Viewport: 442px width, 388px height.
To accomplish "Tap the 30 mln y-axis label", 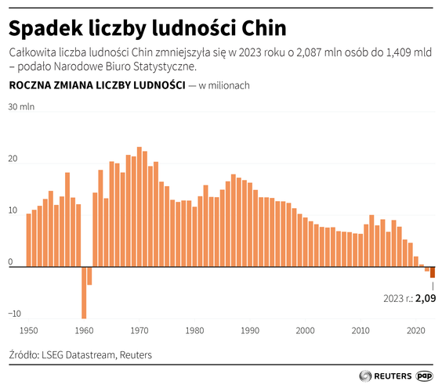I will [21, 107].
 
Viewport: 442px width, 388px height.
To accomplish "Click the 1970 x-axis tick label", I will [140, 330].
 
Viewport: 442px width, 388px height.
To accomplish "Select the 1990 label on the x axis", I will [249, 330].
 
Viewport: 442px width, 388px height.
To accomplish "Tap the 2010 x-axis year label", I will [360, 330].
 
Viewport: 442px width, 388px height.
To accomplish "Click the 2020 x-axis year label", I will [415, 330].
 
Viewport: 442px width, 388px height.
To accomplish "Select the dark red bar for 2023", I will [433, 272].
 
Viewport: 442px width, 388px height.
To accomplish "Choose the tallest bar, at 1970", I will [139, 207].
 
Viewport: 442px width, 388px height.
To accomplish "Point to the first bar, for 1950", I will [29, 240].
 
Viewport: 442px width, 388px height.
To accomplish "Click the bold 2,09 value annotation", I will [425, 298].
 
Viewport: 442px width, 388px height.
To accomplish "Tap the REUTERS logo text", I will [388, 375].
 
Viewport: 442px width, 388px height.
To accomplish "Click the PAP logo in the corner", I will [426, 375].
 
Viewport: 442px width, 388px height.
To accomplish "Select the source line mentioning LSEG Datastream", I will [80, 354].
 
